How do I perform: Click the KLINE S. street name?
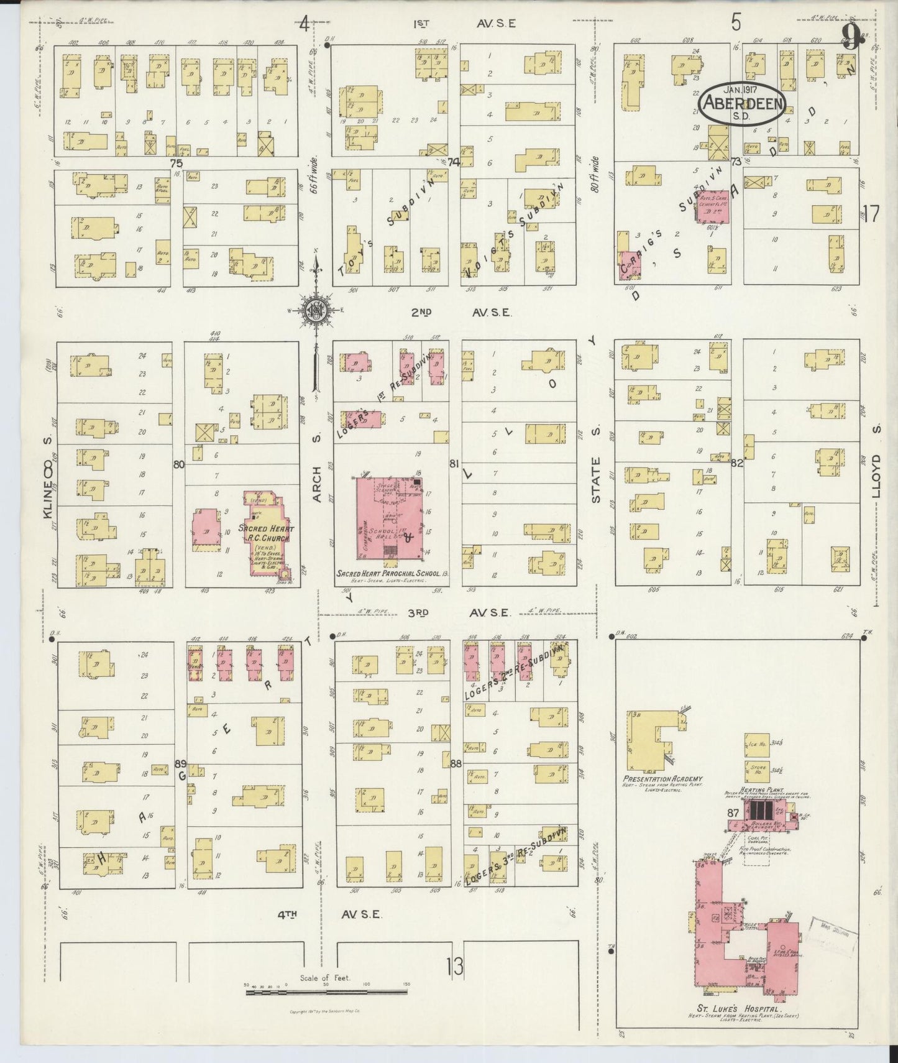coord(47,485)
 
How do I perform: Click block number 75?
coord(177,162)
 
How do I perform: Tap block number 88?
coord(456,763)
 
